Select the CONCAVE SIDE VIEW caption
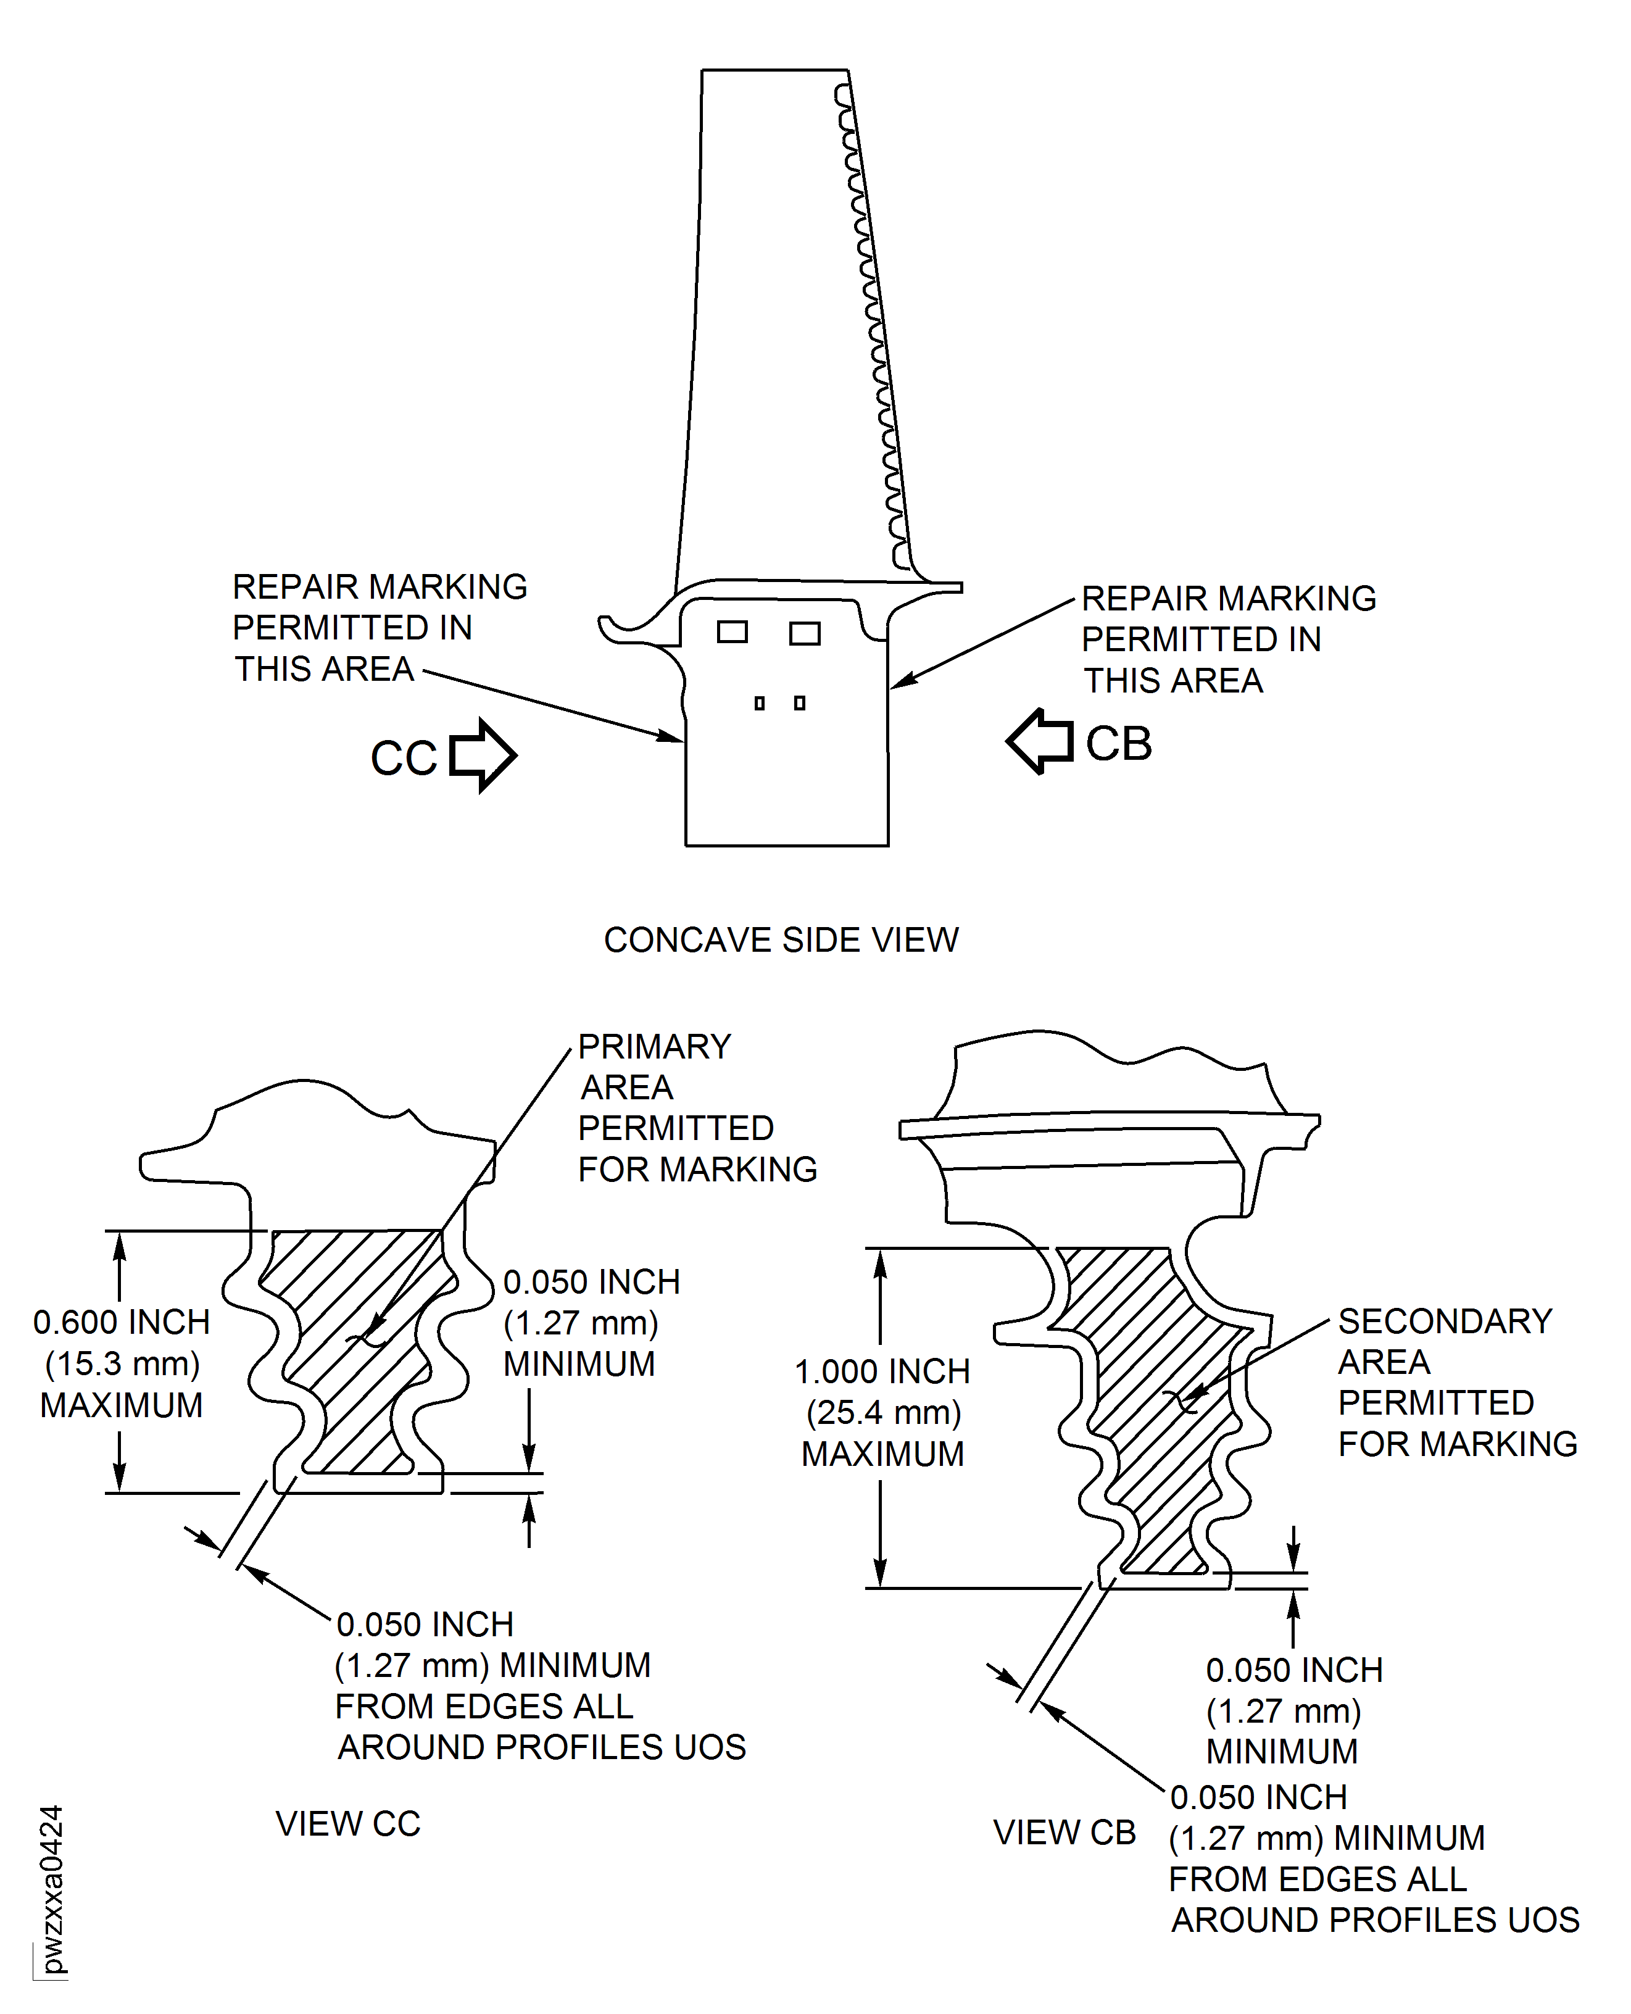click(x=781, y=940)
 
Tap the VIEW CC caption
click(x=347, y=1823)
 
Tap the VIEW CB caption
click(x=1065, y=1832)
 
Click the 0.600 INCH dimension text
click(x=121, y=1322)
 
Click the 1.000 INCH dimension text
click(x=882, y=1371)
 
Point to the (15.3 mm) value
click(x=122, y=1363)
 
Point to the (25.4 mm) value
click(x=883, y=1413)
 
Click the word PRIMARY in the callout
click(x=654, y=1046)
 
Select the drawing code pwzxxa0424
click(x=52, y=1889)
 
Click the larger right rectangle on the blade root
click(x=804, y=633)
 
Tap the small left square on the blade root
click(x=759, y=703)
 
